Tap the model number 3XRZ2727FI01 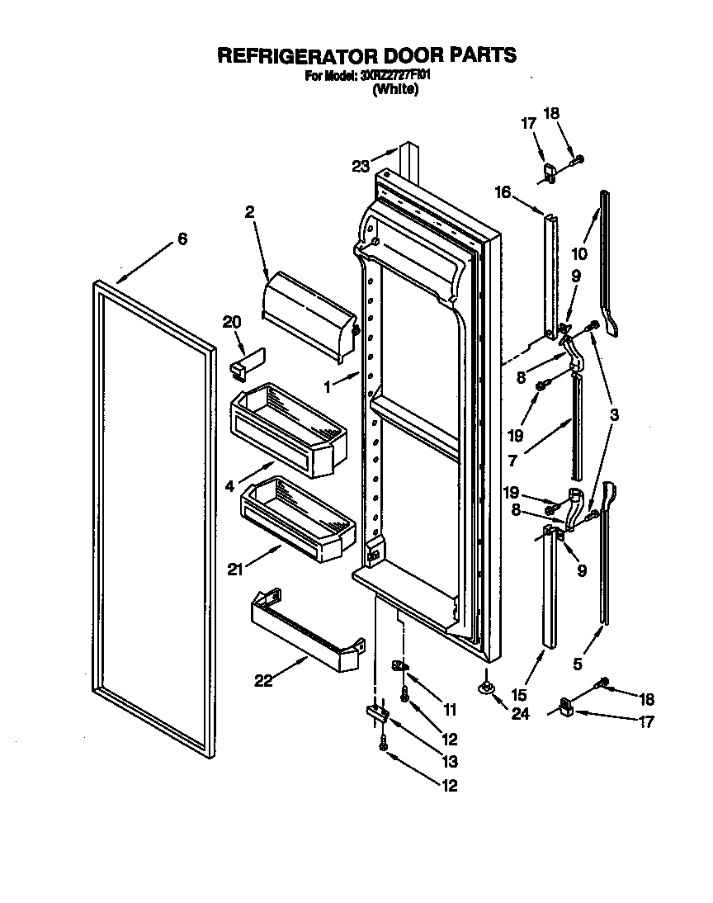pos(395,76)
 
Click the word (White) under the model pos(395,90)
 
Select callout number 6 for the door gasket pos(182,239)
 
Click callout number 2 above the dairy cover pos(248,212)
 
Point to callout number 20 pos(232,322)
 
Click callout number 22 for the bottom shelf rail pos(262,679)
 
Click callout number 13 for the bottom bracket pos(449,762)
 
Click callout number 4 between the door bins pos(229,487)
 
